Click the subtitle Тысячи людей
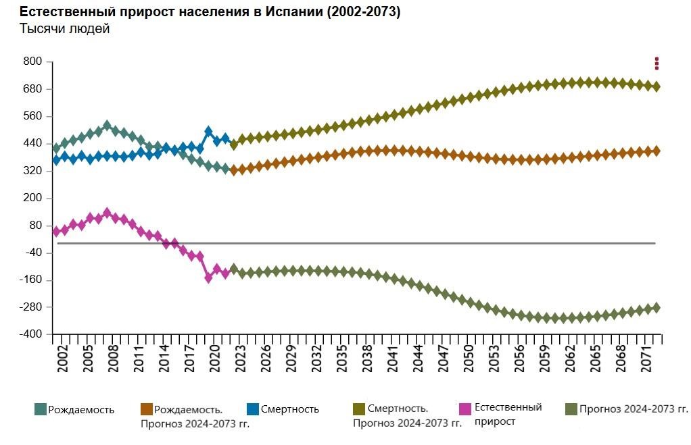[x=64, y=29]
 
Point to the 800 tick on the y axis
[x=33, y=61]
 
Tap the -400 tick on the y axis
[x=30, y=334]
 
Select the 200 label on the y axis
[x=33, y=198]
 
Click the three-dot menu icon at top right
[x=657, y=63]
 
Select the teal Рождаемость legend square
[x=41, y=409]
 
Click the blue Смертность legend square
[x=253, y=409]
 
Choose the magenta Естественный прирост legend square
[x=464, y=409]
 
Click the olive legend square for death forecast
[x=359, y=409]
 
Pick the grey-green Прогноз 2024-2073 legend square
[x=571, y=409]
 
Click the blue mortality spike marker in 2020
[x=208, y=132]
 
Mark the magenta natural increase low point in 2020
[x=208, y=278]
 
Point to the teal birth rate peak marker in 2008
[x=107, y=126]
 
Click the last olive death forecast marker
[x=656, y=86]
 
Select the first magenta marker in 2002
[x=56, y=232]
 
